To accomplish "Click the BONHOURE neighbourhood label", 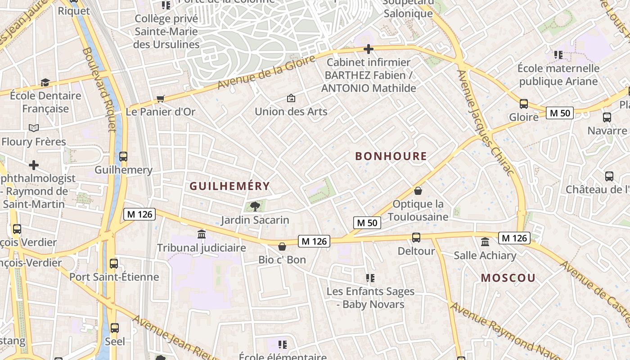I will pyautogui.click(x=391, y=157).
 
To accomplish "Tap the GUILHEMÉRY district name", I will pyautogui.click(x=229, y=186).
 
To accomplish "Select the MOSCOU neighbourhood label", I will pyautogui.click(x=508, y=278).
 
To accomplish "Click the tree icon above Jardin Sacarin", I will pyautogui.click(x=255, y=207).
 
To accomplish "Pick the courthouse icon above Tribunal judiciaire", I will pyautogui.click(x=202, y=234).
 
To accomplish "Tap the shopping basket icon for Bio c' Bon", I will pyautogui.click(x=282, y=247).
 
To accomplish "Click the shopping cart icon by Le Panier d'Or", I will pyautogui.click(x=160, y=99).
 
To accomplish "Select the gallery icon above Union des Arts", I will pyautogui.click(x=291, y=98).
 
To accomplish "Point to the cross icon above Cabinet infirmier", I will pyautogui.click(x=369, y=49).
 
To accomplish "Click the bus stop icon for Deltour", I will pyautogui.click(x=416, y=237).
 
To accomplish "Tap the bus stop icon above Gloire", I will pyautogui.click(x=524, y=104).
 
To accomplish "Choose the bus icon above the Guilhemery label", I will pyautogui.click(x=123, y=157).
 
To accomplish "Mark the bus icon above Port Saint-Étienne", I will pyautogui.click(x=114, y=263).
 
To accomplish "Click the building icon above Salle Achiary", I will pyautogui.click(x=485, y=242).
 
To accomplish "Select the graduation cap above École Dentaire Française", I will pyautogui.click(x=45, y=82).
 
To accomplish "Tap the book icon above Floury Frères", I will pyautogui.click(x=34, y=128).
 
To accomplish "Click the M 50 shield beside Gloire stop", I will pyautogui.click(x=560, y=113).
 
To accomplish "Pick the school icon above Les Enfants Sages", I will pyautogui.click(x=370, y=278).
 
